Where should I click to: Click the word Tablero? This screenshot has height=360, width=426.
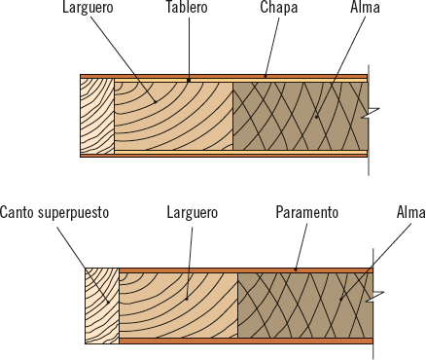[x=187, y=9]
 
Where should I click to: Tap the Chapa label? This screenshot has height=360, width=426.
[x=279, y=9]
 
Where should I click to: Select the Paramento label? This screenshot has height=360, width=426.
[x=306, y=211]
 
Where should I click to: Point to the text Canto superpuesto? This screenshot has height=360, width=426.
[x=54, y=211]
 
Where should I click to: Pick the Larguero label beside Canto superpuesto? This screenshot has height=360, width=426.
[x=192, y=211]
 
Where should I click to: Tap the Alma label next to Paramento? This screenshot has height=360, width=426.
[x=410, y=211]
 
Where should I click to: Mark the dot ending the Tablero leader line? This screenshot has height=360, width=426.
[x=189, y=79]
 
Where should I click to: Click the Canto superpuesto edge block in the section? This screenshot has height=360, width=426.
[x=101, y=306]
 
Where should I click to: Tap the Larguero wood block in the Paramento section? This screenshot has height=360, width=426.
[x=179, y=306]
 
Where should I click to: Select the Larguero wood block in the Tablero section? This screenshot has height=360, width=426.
[x=173, y=115]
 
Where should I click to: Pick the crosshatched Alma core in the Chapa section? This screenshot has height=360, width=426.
[x=298, y=115]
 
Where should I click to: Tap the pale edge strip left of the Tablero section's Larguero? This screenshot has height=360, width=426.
[x=97, y=115]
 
